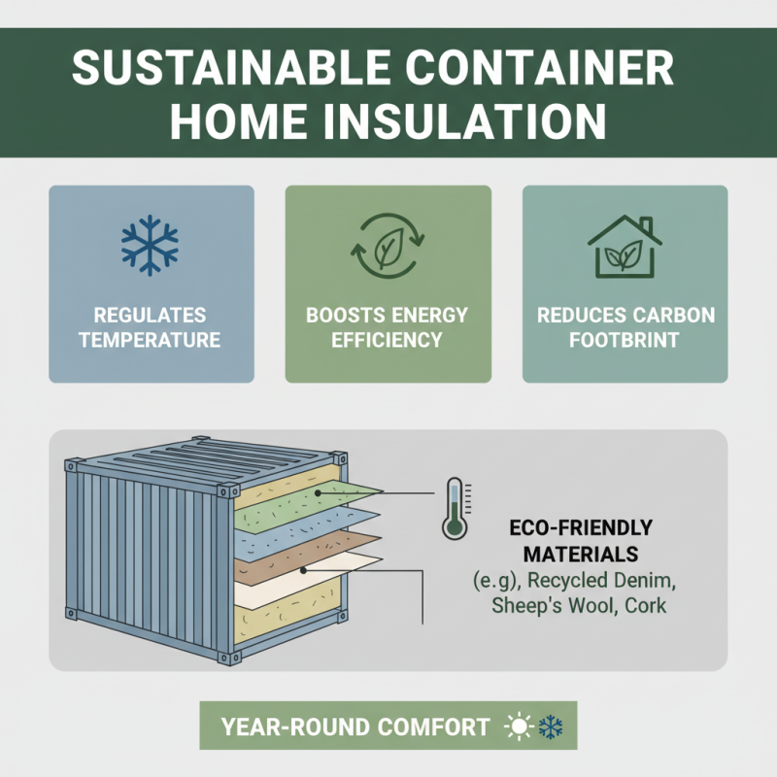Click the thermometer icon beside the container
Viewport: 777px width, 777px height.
point(453,507)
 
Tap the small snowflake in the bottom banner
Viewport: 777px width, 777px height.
point(551,726)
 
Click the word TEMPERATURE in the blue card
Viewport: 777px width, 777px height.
point(151,340)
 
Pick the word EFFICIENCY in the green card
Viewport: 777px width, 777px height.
point(388,340)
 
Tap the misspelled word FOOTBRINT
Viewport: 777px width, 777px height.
point(625,340)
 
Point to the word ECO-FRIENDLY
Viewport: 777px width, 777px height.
point(581,529)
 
